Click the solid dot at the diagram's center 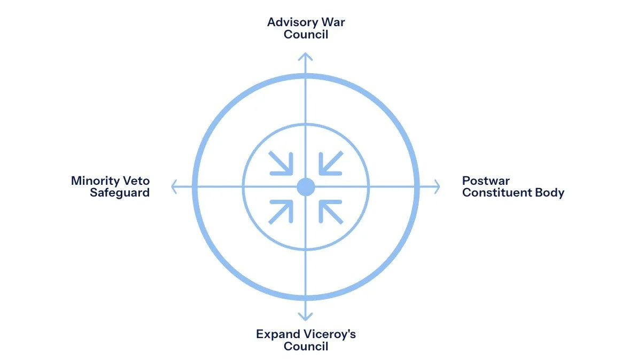click(x=305, y=187)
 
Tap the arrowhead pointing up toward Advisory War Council click(x=305, y=56)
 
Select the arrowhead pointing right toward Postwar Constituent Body click(x=436, y=187)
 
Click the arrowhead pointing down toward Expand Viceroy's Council click(x=305, y=317)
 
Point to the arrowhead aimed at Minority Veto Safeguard click(x=174, y=187)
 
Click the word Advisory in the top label click(x=291, y=22)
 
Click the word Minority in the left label click(x=94, y=181)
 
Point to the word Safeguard click(x=120, y=192)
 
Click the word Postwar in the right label click(x=486, y=181)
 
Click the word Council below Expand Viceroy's click(x=306, y=346)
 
